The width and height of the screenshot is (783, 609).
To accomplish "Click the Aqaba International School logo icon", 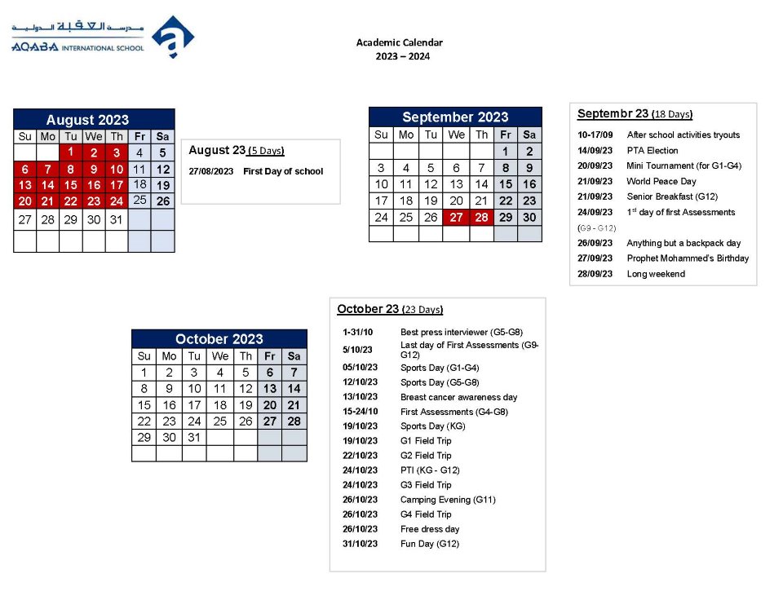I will pos(172,37).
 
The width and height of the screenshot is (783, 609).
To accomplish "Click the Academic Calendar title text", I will pos(399,42).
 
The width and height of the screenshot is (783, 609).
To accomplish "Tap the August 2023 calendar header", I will pos(94,119).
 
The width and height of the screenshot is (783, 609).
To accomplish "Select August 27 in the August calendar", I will pos(25,220).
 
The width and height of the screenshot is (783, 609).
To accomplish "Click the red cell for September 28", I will pos(481,218).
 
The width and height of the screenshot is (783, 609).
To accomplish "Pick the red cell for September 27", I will pos(456,218).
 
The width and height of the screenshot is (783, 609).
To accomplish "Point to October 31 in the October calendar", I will pos(194,437).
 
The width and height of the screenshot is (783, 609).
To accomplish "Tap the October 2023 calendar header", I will pos(219,339).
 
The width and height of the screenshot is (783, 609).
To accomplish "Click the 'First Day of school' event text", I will pos(283,171).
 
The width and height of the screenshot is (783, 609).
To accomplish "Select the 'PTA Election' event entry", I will pos(652,151).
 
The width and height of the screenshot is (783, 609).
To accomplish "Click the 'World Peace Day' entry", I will pos(661,182).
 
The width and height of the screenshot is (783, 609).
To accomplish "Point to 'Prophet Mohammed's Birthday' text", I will pos(687,258).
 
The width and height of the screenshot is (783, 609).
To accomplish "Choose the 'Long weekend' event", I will pos(655,274).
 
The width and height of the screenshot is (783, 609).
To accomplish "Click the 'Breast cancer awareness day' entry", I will pos(458,397).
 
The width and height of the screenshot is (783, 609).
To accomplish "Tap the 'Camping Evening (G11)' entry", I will pos(447,500).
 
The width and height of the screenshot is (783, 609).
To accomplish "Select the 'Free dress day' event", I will pos(429,529).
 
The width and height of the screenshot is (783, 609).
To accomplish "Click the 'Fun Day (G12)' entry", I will pos(429,544).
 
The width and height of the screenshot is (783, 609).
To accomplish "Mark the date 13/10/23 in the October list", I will pos(360,397).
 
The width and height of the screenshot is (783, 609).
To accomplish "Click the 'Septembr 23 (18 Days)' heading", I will pos(635,114).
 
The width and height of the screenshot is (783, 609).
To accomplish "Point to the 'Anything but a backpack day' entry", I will pos(683,243).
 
